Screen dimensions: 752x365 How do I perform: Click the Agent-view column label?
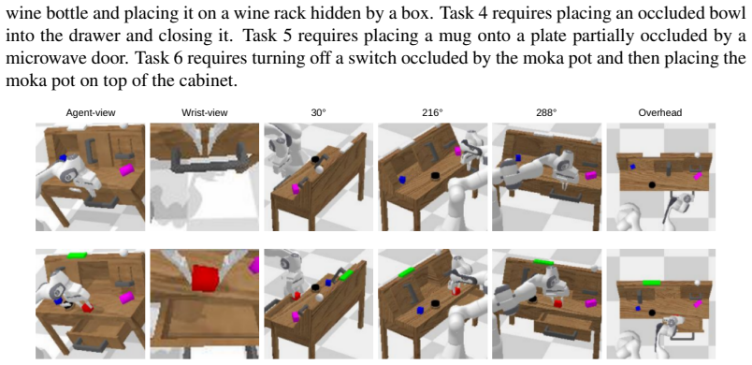(x=91, y=113)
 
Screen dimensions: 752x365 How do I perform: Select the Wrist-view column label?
(x=204, y=113)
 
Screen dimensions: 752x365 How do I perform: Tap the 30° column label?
(x=318, y=113)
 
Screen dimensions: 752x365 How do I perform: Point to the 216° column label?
(x=433, y=113)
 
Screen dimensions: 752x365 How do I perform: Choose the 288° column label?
(x=547, y=113)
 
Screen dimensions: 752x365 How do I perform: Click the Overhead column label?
(x=660, y=113)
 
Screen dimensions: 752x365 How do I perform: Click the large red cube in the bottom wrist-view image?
(x=206, y=278)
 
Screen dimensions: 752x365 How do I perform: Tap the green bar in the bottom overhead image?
(x=651, y=283)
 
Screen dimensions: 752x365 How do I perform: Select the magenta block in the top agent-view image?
(x=126, y=169)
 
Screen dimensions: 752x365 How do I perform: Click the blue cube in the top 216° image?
(x=402, y=180)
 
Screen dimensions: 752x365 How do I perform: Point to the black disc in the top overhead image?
(x=652, y=184)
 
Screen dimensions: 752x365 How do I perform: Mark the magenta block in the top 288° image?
(x=591, y=175)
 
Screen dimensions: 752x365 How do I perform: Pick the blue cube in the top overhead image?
(x=633, y=167)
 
